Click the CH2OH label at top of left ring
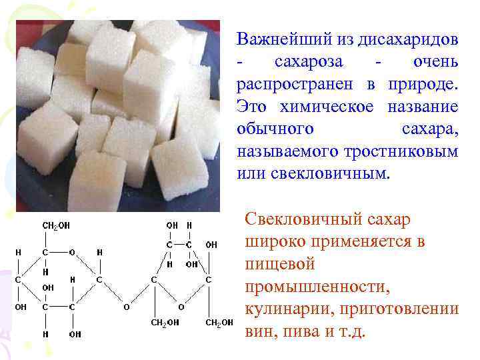pos(55,226)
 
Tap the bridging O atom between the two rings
pos(126,308)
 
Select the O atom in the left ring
pos(73,253)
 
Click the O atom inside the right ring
pos(180,308)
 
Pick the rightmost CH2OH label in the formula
pos(219,323)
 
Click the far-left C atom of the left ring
pos(17,281)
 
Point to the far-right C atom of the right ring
pos(209,281)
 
